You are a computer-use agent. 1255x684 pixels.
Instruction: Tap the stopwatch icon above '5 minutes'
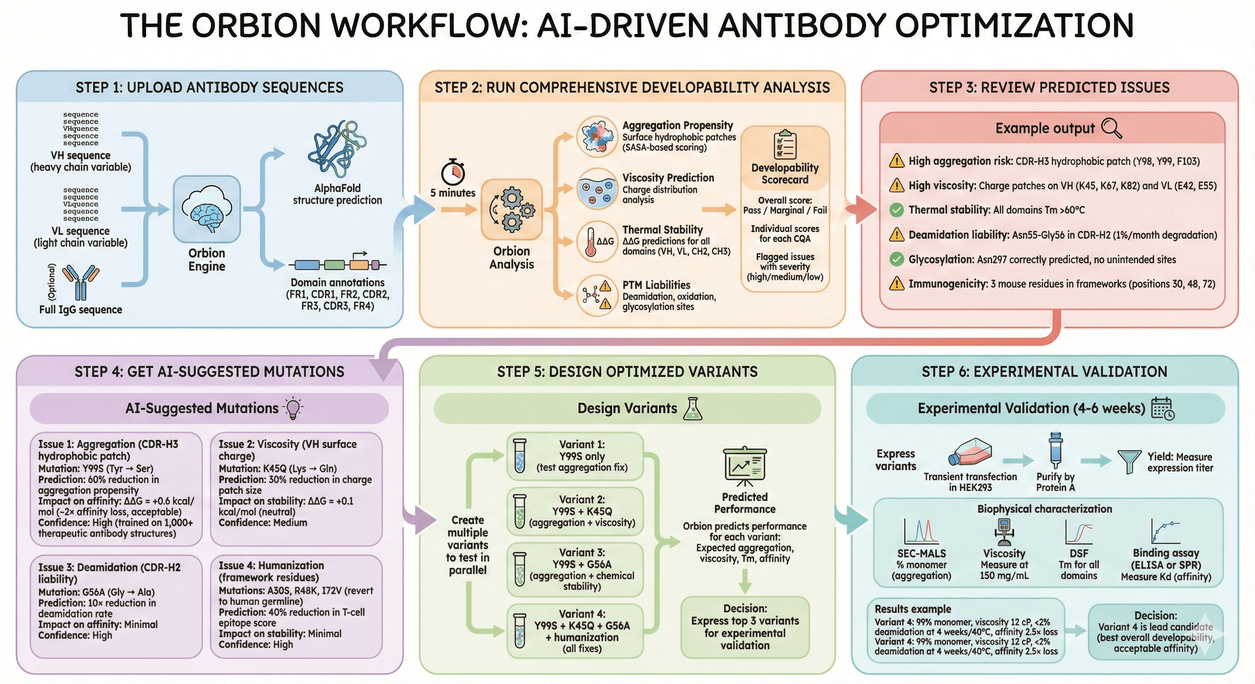tap(453, 172)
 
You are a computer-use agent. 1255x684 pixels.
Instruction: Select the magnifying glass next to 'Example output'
tap(1111, 128)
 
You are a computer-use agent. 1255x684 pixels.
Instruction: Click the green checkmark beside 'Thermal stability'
tap(896, 210)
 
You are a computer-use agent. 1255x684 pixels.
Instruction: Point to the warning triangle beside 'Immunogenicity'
tap(896, 283)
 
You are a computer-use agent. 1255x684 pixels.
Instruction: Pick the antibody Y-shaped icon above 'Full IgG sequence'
tap(81, 282)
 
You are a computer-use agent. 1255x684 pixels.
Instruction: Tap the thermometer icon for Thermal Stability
tap(591, 242)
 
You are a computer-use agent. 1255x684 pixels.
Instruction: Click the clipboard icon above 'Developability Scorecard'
tap(785, 145)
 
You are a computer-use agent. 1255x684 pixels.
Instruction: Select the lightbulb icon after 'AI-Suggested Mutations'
tap(293, 408)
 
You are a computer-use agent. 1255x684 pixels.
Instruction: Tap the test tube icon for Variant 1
tap(520, 456)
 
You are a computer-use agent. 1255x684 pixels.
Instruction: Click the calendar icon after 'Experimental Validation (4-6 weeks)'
tap(1162, 408)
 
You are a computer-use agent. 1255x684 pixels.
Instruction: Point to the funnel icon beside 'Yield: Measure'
tap(1129, 461)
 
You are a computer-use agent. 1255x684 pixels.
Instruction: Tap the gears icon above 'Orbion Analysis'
tap(512, 209)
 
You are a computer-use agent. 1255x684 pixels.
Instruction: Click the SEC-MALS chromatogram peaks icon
tap(921, 532)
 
